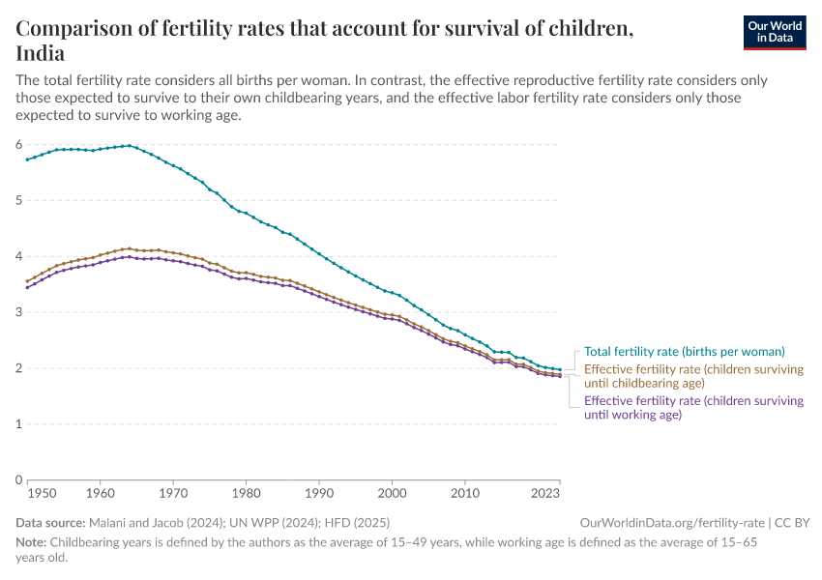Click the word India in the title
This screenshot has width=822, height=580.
pos(41,52)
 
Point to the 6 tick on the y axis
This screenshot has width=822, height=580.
pos(18,144)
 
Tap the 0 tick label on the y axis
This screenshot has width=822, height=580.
pos(18,479)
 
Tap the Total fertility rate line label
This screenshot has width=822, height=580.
pos(684,352)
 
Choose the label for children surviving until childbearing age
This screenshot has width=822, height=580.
pos(693,376)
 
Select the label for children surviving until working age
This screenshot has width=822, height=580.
pos(693,407)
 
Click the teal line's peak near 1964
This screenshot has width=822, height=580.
pos(130,145)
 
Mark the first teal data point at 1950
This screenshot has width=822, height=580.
pos(28,159)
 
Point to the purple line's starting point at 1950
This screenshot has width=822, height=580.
pos(28,287)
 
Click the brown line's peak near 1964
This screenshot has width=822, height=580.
pos(130,248)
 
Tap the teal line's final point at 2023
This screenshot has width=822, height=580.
pos(560,369)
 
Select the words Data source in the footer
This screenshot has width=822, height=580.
pos(53,523)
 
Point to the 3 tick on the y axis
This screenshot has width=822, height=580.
pos(18,312)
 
